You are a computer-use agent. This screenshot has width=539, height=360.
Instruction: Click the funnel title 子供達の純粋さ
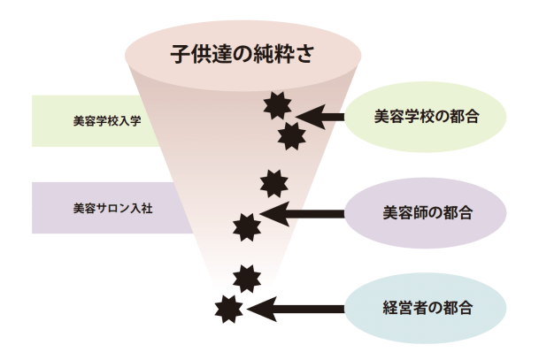click(x=242, y=52)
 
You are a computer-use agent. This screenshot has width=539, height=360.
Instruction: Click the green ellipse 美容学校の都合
click(x=426, y=116)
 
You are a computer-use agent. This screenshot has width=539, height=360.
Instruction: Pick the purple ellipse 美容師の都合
click(x=425, y=213)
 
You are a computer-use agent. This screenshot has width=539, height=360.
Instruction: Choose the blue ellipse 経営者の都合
click(x=425, y=309)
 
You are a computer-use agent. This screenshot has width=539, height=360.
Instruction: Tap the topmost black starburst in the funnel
click(x=278, y=106)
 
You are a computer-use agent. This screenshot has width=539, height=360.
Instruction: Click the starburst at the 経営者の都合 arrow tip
click(x=228, y=309)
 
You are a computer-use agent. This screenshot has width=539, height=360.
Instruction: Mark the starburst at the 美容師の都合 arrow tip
click(x=246, y=226)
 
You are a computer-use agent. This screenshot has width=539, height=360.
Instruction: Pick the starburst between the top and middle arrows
click(x=274, y=184)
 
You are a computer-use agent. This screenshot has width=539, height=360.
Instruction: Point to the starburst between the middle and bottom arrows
click(x=247, y=277)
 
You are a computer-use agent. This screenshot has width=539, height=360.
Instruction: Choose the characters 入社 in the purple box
click(x=142, y=210)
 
